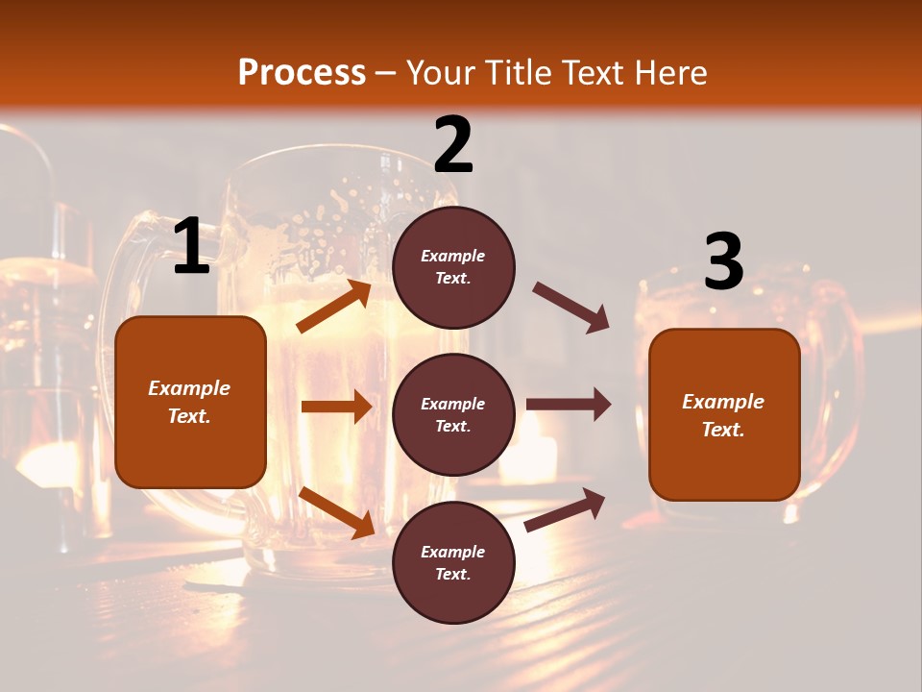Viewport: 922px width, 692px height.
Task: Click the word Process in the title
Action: tap(302, 72)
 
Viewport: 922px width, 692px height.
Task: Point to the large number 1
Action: tap(191, 247)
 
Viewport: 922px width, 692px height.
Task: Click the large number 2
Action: tap(453, 145)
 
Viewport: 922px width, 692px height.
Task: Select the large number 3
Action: tap(723, 262)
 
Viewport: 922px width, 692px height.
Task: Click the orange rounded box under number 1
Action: tap(190, 402)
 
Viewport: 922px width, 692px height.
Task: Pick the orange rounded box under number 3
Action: tap(724, 414)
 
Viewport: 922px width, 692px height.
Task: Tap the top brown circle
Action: tap(453, 267)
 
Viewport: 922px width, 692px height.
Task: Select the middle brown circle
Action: tap(453, 414)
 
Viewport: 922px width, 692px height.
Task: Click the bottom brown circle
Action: tap(453, 562)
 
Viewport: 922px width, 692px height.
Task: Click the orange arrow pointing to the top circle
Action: tap(334, 307)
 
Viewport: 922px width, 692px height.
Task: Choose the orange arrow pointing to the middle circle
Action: tap(336, 408)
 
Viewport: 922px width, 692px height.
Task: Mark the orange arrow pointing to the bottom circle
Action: tap(336, 511)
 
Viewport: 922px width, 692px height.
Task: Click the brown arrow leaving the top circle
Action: tap(570, 308)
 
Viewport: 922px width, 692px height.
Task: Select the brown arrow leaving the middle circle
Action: tap(568, 405)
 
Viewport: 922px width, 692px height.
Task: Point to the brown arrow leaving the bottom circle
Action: tap(565, 510)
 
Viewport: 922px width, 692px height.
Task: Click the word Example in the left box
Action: tap(189, 388)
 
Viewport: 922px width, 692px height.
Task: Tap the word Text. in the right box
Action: tap(723, 430)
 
